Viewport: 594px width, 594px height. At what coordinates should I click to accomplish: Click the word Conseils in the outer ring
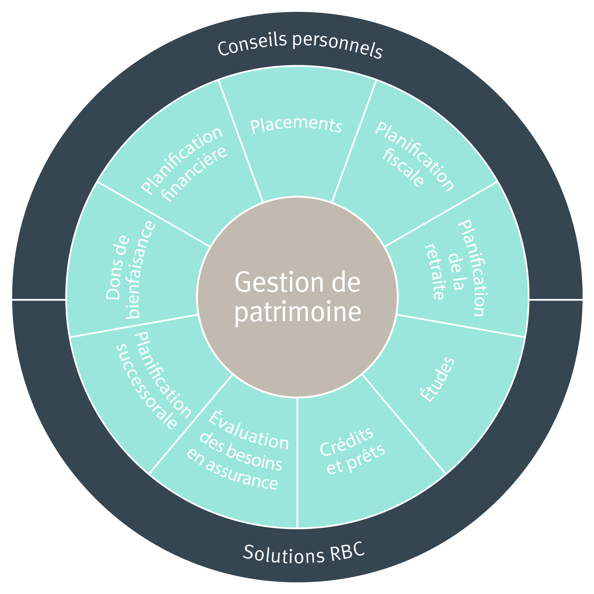252,45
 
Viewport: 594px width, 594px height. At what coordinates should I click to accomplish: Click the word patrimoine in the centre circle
297,313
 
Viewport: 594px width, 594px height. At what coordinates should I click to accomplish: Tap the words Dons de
117,267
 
